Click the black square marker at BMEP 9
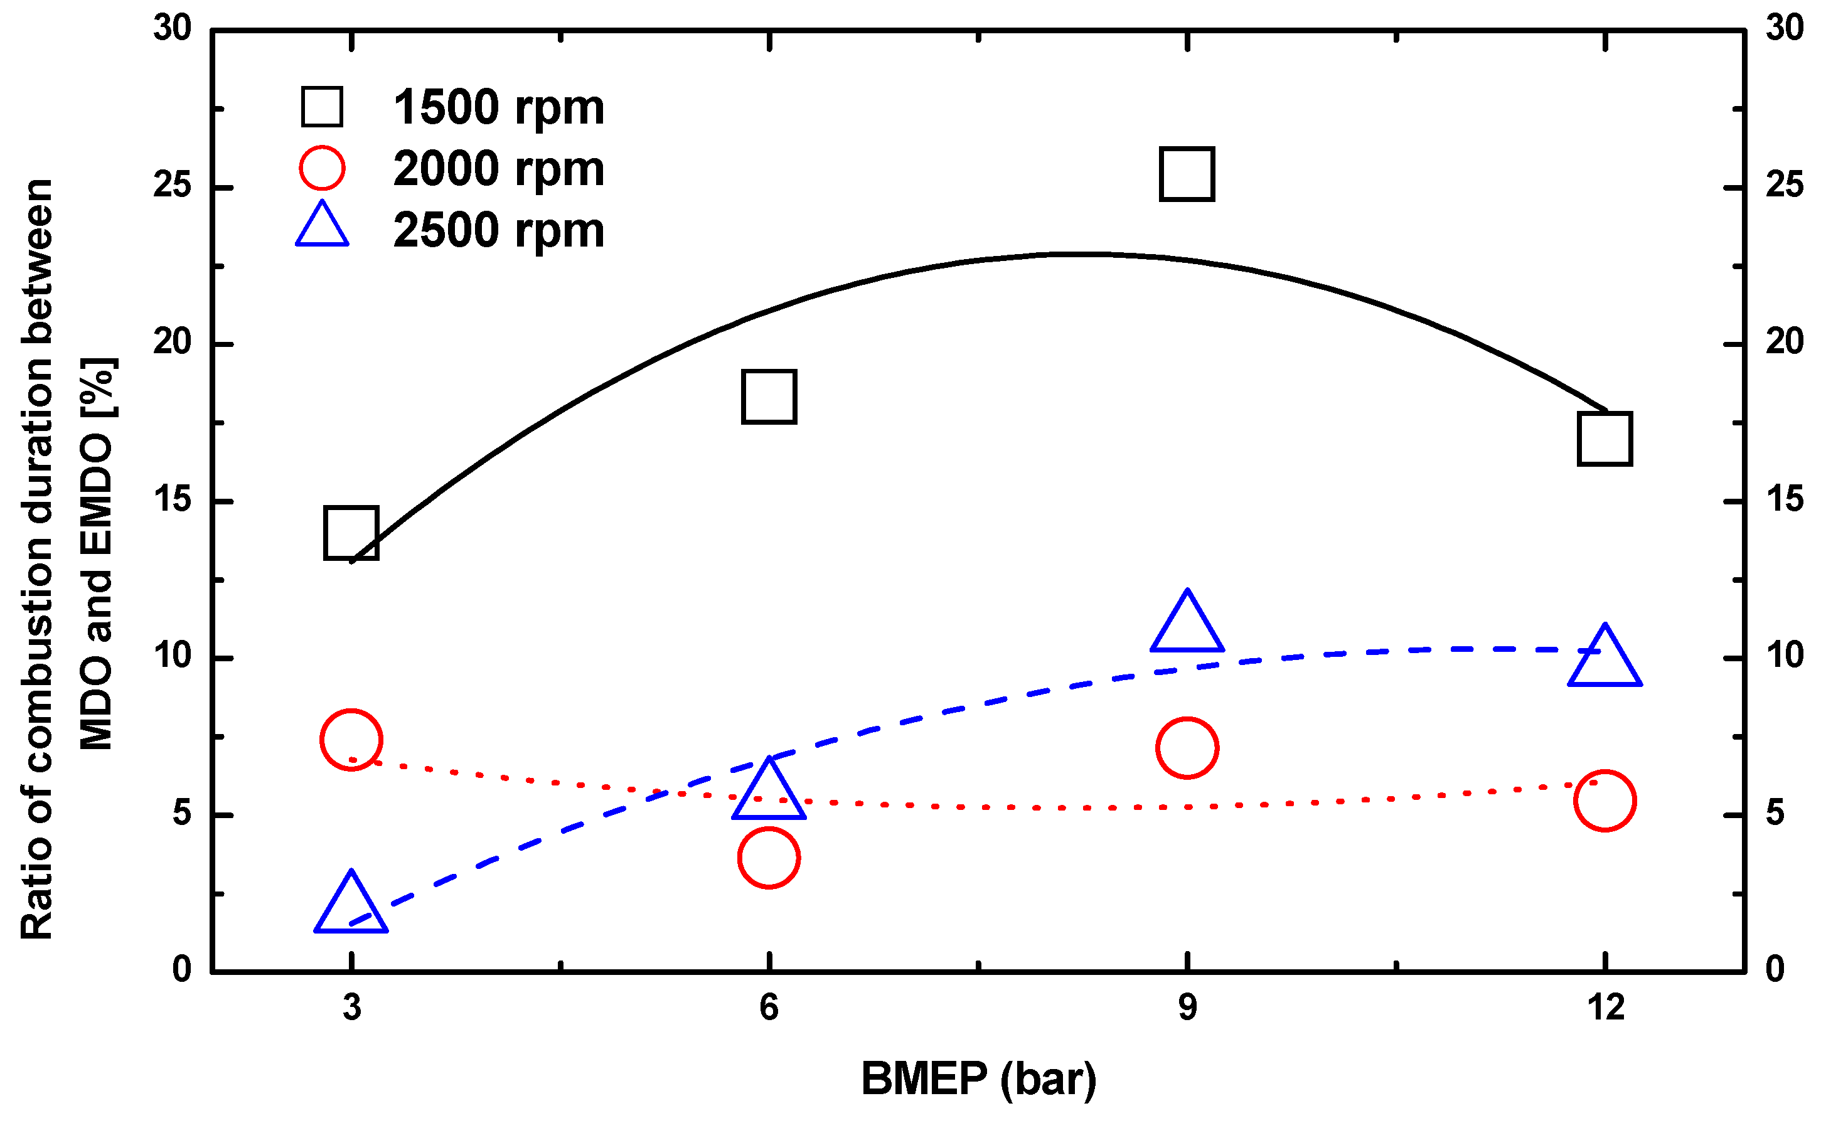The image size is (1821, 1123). tap(1187, 174)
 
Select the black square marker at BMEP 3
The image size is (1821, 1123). tap(351, 533)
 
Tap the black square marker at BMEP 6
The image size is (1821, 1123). tap(769, 397)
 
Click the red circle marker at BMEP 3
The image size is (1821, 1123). tap(351, 740)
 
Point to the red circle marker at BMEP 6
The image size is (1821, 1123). tap(769, 858)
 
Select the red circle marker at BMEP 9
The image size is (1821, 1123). tap(1187, 748)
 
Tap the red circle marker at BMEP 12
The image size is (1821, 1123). tap(1605, 801)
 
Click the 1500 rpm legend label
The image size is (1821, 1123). tap(498, 108)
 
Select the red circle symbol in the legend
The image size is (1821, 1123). tap(323, 168)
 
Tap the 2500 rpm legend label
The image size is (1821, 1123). tap(498, 230)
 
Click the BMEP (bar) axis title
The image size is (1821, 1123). tap(978, 1078)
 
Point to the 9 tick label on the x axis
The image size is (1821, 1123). tap(1187, 1008)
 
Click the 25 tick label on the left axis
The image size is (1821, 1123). tap(173, 186)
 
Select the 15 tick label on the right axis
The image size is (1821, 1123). tap(1784, 499)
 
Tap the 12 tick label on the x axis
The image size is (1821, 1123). tap(1605, 1008)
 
